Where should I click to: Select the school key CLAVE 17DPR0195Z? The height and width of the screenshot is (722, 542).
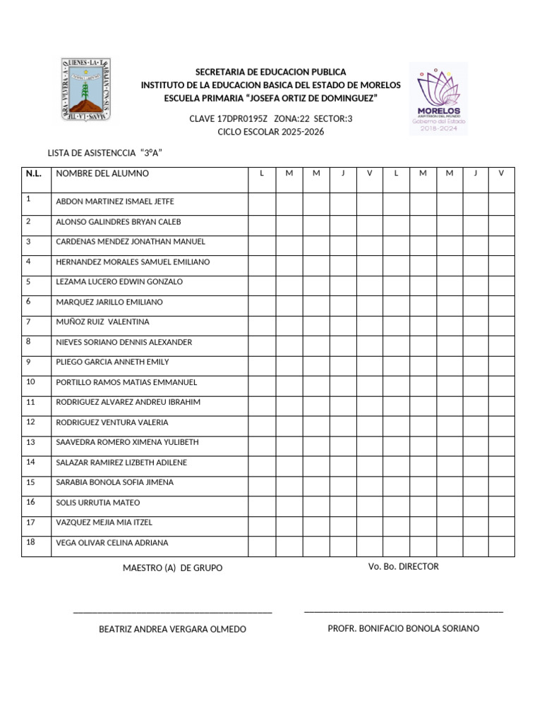click(229, 118)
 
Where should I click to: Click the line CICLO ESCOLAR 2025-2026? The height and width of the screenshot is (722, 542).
click(270, 132)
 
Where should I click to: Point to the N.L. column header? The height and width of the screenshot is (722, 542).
click(33, 173)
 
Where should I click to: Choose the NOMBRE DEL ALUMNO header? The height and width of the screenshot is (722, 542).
click(102, 173)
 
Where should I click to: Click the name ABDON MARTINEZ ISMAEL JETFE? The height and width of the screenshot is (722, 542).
click(114, 202)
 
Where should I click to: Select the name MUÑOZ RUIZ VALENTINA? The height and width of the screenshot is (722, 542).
click(102, 322)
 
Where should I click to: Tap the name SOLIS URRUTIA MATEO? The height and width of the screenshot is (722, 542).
click(97, 503)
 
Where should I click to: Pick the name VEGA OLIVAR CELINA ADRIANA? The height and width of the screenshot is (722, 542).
click(112, 543)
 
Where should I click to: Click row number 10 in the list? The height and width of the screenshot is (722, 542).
click(30, 381)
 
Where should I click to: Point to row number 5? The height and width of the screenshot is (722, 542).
click(28, 281)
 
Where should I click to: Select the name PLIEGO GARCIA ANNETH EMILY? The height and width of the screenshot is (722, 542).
click(112, 362)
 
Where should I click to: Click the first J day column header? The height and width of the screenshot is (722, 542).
click(343, 173)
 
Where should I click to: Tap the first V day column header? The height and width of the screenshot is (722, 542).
click(369, 173)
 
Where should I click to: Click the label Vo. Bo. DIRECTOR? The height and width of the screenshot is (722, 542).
click(403, 567)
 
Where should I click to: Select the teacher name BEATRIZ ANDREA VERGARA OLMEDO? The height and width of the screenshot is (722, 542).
click(173, 629)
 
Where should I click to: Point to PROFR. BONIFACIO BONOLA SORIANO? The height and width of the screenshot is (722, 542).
click(403, 628)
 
